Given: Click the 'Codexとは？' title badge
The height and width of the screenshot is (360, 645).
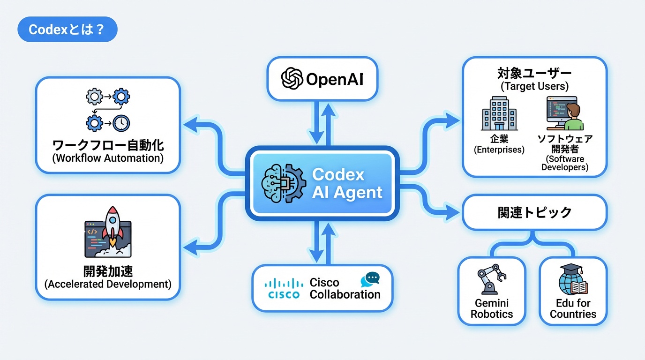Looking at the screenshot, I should (x=67, y=30).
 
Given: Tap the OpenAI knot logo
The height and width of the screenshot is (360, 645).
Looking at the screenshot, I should (x=292, y=79).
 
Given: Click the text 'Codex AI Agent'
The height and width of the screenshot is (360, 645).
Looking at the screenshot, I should (x=347, y=183).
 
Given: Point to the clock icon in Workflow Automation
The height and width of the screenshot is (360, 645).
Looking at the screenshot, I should (x=121, y=124).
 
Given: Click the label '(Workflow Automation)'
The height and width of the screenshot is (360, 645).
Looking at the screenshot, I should (x=108, y=158).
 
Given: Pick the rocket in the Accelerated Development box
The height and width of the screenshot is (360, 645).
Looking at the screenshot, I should (x=112, y=227).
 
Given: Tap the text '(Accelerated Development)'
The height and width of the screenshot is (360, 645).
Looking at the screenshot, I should (x=108, y=284).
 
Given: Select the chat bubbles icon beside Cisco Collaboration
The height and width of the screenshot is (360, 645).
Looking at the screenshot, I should (x=369, y=280).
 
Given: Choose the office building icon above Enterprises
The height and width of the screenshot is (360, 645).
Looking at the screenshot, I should (x=499, y=113).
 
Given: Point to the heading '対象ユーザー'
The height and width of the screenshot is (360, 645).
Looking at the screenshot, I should (x=534, y=74).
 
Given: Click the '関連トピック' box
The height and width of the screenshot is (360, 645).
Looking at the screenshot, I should (x=534, y=212).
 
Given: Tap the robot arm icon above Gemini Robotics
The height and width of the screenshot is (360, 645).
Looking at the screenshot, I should (x=491, y=279).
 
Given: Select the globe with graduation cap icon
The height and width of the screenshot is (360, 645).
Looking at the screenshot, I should (x=573, y=279).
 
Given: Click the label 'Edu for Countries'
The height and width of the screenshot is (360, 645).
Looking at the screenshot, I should (x=573, y=308).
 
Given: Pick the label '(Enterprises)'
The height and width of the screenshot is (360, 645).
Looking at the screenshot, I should (x=499, y=150).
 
